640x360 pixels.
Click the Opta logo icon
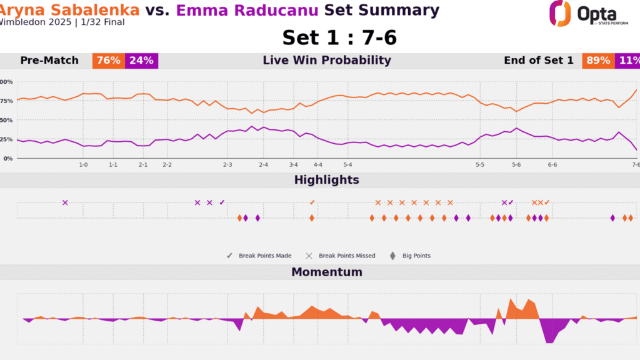(560, 13)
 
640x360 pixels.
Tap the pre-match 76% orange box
(108, 61)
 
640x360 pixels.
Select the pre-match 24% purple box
(142, 61)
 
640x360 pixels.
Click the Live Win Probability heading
(327, 61)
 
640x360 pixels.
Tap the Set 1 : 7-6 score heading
(339, 37)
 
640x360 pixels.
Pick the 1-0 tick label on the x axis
(83, 164)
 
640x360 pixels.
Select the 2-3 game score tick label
(227, 164)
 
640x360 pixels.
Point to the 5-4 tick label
(348, 164)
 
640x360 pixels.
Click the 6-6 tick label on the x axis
(552, 164)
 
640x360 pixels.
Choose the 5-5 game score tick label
(480, 164)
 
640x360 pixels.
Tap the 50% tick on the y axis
(6, 120)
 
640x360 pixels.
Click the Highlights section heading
(327, 180)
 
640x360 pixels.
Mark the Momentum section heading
(327, 272)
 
